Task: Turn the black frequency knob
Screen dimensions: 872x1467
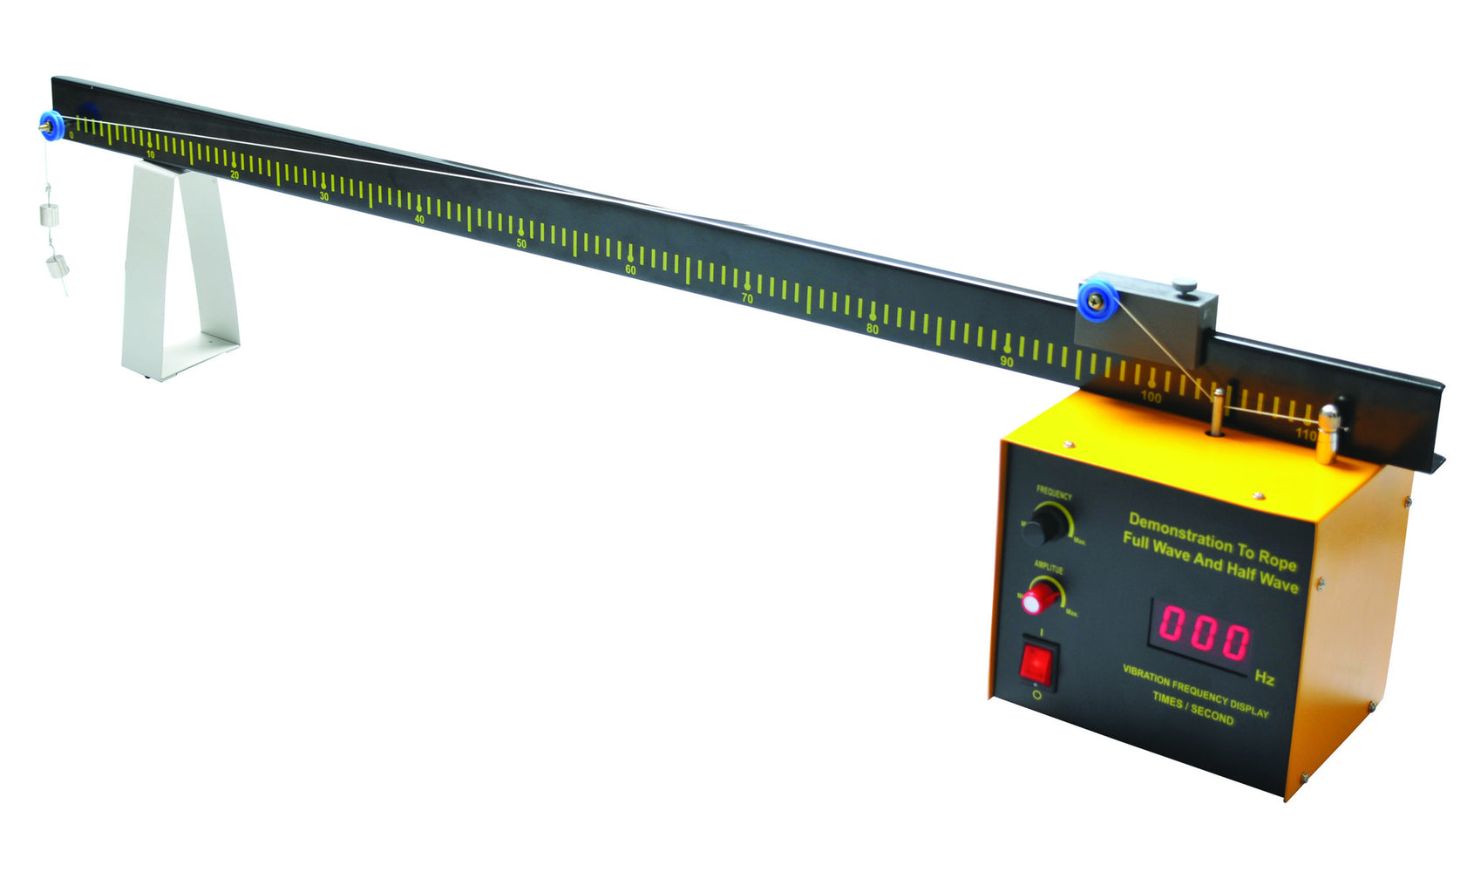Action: point(1041,527)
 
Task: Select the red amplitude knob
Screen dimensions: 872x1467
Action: point(1041,598)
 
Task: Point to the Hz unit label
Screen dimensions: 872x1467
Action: point(1264,678)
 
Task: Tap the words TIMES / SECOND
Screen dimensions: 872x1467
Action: point(1192,708)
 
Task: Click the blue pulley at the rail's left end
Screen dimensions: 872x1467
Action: point(51,127)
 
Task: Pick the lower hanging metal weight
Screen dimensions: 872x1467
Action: point(57,266)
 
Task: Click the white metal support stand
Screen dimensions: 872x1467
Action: point(179,270)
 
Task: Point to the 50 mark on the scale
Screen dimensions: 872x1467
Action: point(521,243)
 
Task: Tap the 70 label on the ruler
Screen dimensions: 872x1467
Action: point(747,298)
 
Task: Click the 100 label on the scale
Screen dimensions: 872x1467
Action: point(1151,397)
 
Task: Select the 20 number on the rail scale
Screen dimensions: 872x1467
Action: point(234,175)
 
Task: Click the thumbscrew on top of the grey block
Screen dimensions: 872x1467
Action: point(1184,285)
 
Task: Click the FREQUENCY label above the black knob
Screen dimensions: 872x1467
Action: point(1054,494)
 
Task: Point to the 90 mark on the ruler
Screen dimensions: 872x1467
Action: point(1007,361)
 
